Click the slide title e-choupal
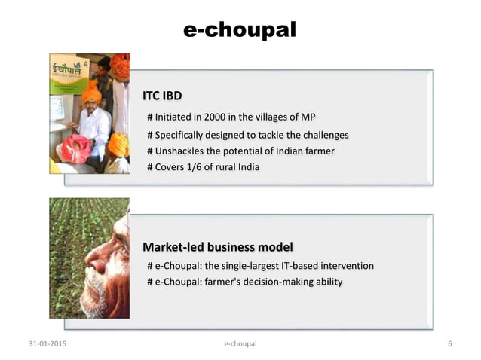click(240, 29)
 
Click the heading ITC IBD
click(162, 97)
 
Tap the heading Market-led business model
click(218, 247)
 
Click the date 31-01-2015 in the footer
click(47, 344)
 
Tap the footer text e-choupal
click(240, 344)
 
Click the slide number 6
click(449, 344)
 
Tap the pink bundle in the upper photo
click(75, 148)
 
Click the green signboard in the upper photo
click(67, 71)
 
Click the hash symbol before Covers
click(150, 166)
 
